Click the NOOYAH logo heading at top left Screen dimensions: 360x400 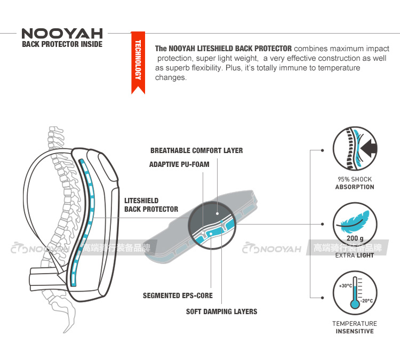coord(62,33)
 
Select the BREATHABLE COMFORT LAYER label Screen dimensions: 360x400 coord(196,150)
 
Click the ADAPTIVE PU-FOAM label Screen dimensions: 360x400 coord(179,164)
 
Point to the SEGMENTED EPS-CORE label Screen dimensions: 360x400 coord(178,295)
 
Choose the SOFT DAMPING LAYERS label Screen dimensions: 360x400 coord(221,311)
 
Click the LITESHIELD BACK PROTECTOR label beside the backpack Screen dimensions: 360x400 coord(151,205)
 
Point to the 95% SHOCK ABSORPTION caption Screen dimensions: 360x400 coord(355,183)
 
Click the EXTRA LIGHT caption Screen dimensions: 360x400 coord(355,255)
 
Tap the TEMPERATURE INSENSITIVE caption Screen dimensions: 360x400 coord(355,327)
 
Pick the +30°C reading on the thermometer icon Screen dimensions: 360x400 coord(346,286)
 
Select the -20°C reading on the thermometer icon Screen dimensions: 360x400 coord(366,301)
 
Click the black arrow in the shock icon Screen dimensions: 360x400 coord(369,146)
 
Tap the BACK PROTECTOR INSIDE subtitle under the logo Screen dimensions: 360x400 coord(62,44)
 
